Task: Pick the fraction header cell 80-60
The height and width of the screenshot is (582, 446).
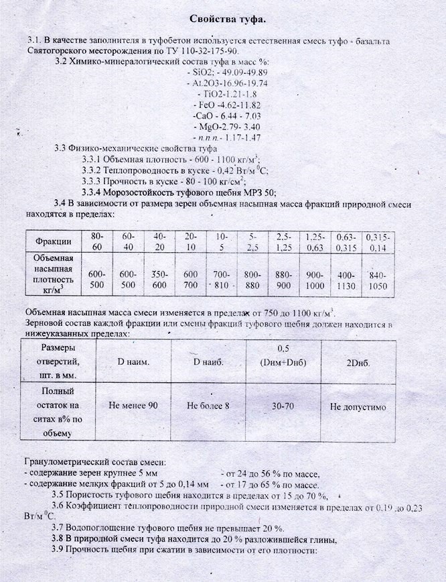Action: coord(97,241)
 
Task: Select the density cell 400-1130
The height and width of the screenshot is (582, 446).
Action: coord(346,279)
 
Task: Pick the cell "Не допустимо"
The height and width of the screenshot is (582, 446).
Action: coord(358,406)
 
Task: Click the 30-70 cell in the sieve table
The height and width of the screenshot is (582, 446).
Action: coord(285,406)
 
